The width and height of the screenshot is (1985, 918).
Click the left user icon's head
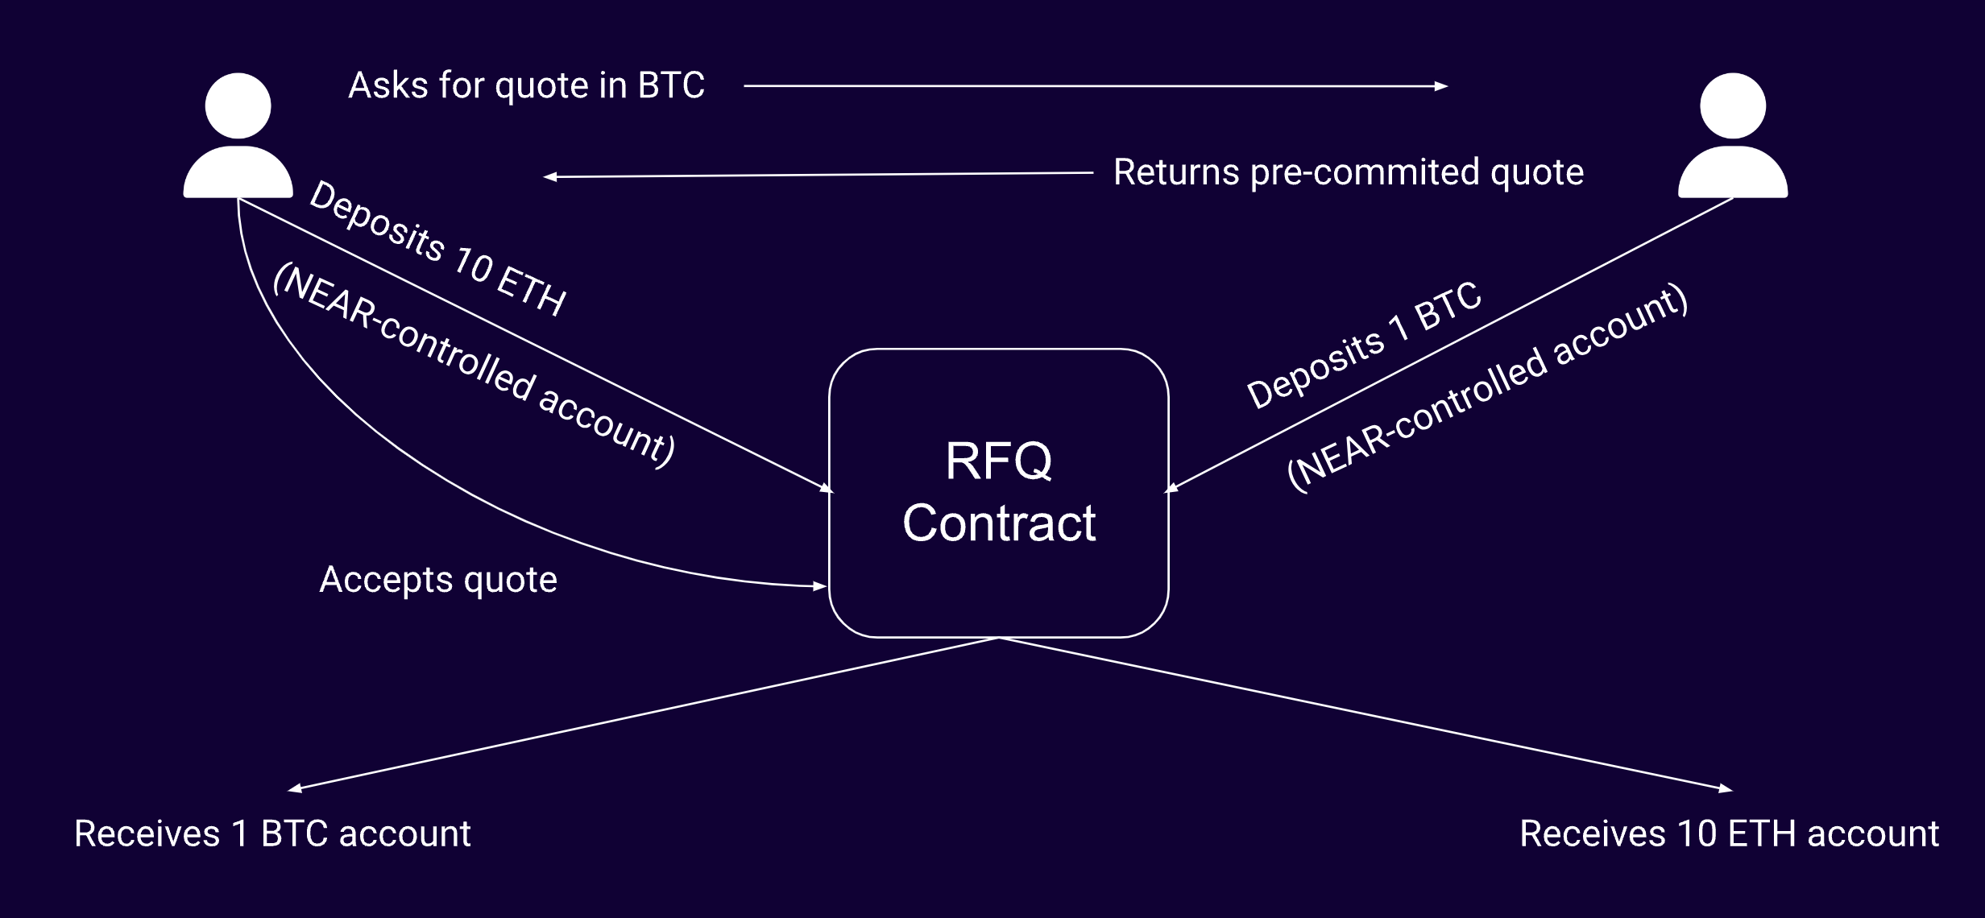pos(238,105)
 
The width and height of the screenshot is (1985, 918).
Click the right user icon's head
pos(1732,105)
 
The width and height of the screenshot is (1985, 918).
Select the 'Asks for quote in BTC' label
pos(526,85)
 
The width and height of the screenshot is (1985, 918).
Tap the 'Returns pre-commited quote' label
pos(1348,172)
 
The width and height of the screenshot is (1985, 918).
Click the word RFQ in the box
pos(998,461)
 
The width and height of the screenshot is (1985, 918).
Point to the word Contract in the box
pos(998,523)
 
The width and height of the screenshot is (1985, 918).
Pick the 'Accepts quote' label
pos(438,580)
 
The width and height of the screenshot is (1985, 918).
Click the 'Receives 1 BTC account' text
pos(272,833)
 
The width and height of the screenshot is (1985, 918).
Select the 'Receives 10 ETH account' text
pos(1729,833)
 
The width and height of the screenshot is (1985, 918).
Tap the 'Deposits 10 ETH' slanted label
pos(437,249)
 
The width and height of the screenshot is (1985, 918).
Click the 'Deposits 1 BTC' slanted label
pos(1363,345)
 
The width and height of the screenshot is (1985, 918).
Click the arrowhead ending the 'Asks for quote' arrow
pos(1442,86)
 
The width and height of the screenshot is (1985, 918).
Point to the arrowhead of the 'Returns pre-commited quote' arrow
pos(550,177)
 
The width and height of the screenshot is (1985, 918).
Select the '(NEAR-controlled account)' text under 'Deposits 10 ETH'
pos(474,366)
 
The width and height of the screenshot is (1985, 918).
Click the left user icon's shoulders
pos(238,173)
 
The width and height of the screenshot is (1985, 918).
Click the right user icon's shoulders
pos(1732,173)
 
